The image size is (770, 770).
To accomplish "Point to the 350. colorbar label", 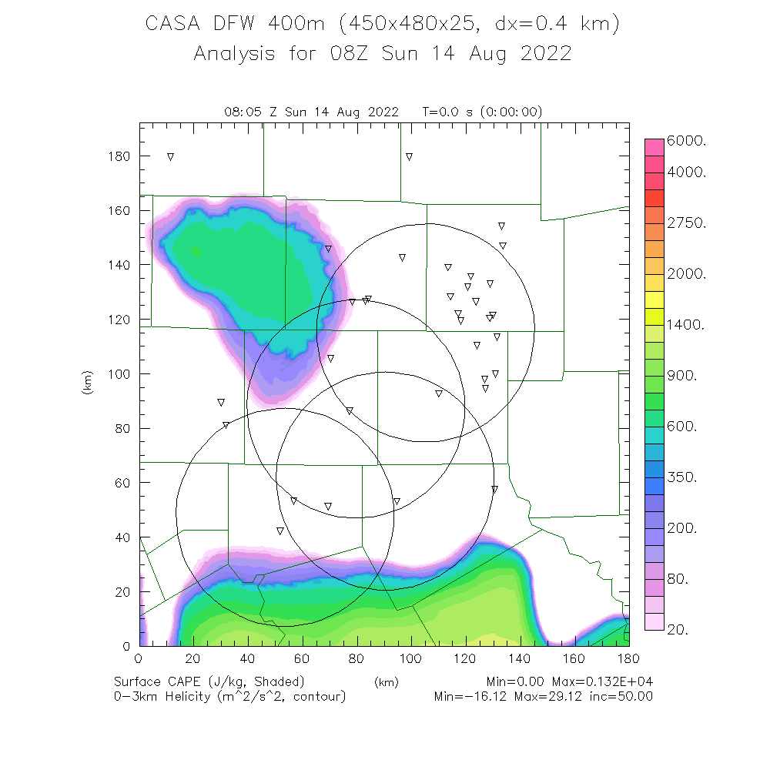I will pos(685,477).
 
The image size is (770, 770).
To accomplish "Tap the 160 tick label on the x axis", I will pos(574,659).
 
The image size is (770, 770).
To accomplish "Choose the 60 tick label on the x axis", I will pos(302,659).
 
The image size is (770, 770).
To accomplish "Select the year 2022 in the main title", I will pos(545,54).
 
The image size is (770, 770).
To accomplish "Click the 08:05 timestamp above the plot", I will pos(240,112).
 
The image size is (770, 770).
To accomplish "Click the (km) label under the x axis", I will pos(386,681).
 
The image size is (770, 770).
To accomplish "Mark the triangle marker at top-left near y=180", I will pos(170,156).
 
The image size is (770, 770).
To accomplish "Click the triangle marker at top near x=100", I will pos(410,157).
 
